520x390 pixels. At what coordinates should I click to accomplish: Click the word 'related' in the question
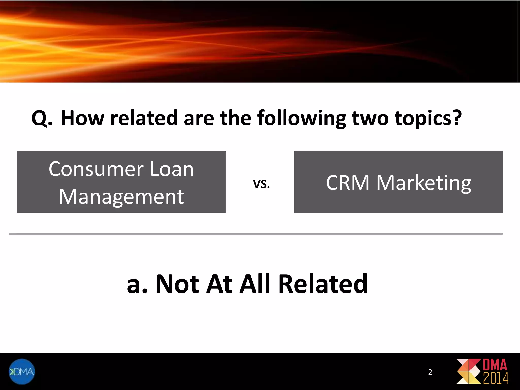click(144, 118)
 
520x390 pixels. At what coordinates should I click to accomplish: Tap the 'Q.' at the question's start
click(42, 119)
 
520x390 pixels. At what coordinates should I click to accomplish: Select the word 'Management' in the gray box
click(121, 197)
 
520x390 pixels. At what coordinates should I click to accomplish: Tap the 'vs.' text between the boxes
click(261, 184)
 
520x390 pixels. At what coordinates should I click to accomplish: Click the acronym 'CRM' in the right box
click(348, 183)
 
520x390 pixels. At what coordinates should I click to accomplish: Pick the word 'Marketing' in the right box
click(424, 183)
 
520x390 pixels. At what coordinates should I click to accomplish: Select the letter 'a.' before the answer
click(137, 284)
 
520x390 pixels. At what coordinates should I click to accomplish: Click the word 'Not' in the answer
click(177, 284)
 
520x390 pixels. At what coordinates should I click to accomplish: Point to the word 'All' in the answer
click(255, 284)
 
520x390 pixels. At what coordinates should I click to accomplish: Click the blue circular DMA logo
click(22, 371)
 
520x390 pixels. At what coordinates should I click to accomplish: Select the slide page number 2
click(430, 372)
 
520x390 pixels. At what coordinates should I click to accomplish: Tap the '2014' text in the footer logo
click(495, 378)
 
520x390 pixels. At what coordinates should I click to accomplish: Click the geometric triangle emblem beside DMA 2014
click(468, 371)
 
